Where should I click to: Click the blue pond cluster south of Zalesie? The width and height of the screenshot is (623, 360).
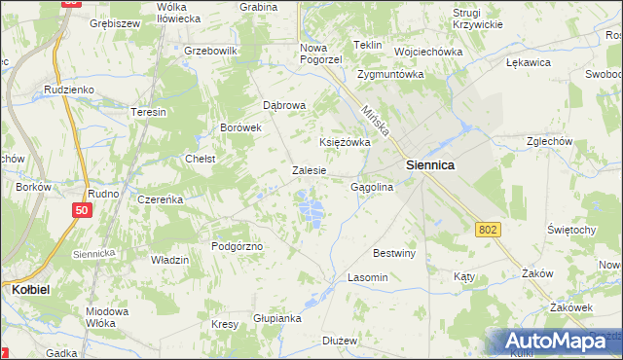pyautogui.click(x=311, y=208)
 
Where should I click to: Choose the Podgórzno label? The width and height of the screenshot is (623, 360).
pyautogui.click(x=238, y=246)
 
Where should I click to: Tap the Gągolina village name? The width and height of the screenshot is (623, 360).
pyautogui.click(x=371, y=186)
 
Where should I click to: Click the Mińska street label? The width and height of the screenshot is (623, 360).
pyautogui.click(x=373, y=122)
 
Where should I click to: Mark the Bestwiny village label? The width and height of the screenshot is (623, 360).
pyautogui.click(x=394, y=253)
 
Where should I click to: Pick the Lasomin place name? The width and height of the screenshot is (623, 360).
pyautogui.click(x=368, y=277)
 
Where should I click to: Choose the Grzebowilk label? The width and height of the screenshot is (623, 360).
pyautogui.click(x=210, y=51)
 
